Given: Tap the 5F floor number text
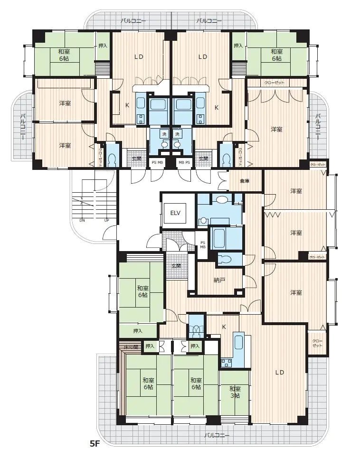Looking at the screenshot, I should (95, 444).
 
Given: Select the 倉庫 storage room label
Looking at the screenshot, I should (244, 181).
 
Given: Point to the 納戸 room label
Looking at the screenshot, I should (219, 280).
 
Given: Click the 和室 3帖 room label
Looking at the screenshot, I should (235, 392).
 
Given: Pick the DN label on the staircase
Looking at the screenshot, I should (82, 221).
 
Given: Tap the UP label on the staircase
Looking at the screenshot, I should (106, 221).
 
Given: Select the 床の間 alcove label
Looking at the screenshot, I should (131, 347).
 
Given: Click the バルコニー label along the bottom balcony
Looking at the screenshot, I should (217, 435).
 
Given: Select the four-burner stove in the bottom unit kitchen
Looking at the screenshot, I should (226, 363).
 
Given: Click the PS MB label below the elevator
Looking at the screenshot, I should (202, 244).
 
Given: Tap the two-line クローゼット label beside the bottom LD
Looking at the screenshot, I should (317, 343).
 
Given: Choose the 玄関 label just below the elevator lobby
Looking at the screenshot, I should (176, 266).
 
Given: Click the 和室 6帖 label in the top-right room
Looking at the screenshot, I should (277, 55).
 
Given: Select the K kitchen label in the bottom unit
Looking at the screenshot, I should (224, 327).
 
